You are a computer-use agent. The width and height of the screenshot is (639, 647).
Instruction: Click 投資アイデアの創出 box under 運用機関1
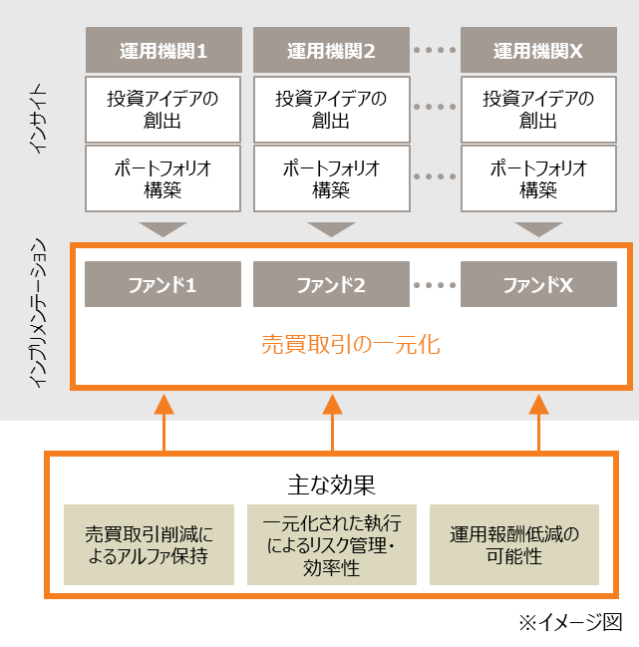(163, 110)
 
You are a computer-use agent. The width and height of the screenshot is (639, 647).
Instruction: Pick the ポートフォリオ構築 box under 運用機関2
(331, 178)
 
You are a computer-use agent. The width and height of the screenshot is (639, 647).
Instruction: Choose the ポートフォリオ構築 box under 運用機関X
(538, 178)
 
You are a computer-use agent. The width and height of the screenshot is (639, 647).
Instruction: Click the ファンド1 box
(163, 285)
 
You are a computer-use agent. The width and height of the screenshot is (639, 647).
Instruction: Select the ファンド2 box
(331, 285)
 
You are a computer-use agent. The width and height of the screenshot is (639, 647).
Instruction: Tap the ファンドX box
(538, 285)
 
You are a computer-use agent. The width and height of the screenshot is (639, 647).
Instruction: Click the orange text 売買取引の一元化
(350, 346)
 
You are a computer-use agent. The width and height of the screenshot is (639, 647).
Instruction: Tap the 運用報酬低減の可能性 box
(514, 544)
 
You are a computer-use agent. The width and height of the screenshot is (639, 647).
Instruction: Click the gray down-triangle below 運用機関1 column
(163, 228)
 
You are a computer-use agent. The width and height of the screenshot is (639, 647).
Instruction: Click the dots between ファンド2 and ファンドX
(435, 285)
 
